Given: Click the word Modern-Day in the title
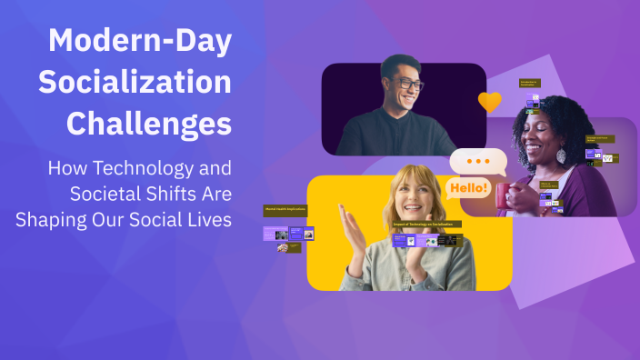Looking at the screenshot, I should pos(140,40).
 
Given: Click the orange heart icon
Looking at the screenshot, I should pos(489,102).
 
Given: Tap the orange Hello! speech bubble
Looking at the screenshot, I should pos(467,188).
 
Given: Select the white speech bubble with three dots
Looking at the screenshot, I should pos(477,162).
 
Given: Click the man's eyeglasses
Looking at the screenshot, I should pos(408,84).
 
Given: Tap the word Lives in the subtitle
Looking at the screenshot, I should pos(207,218).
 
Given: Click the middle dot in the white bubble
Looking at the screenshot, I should pos(477,160).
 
